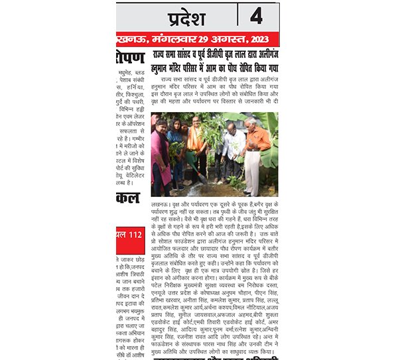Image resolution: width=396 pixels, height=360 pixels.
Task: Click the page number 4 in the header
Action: [256, 16]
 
